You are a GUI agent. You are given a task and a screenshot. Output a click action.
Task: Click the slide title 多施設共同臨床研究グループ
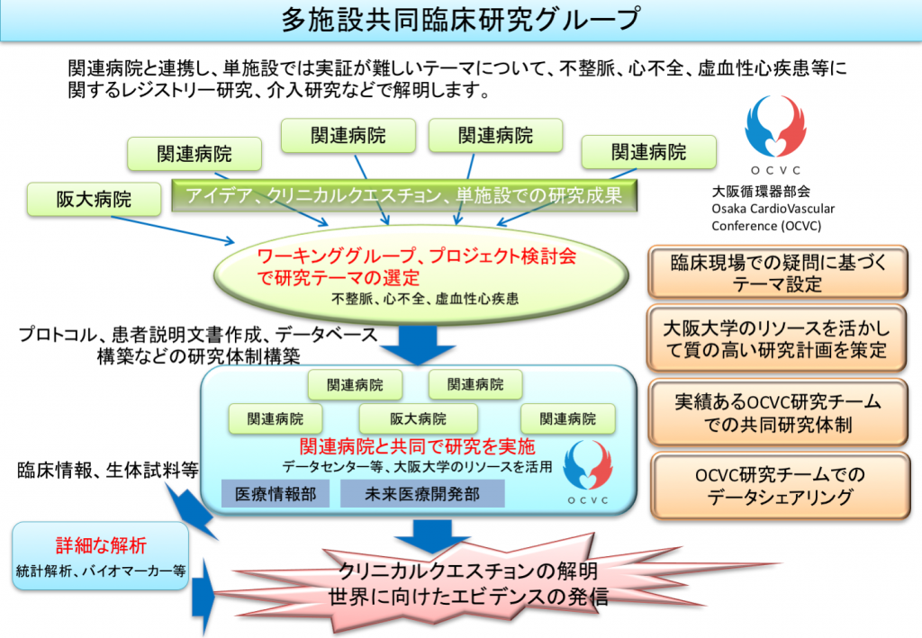click(x=460, y=19)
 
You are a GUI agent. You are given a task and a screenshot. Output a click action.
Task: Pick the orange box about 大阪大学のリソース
click(x=779, y=337)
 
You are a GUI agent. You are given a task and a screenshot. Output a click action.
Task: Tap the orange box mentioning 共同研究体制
click(x=779, y=411)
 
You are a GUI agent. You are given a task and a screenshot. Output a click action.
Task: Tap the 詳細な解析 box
click(x=100, y=556)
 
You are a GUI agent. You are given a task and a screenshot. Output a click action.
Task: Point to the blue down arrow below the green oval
click(x=414, y=342)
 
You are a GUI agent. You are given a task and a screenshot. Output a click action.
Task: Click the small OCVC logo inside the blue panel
click(x=587, y=472)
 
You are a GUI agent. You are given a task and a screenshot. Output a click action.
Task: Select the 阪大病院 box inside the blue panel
click(x=418, y=418)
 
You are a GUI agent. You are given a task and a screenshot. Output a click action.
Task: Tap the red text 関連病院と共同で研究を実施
click(x=417, y=447)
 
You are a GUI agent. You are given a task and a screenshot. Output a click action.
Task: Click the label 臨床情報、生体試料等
click(x=106, y=469)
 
